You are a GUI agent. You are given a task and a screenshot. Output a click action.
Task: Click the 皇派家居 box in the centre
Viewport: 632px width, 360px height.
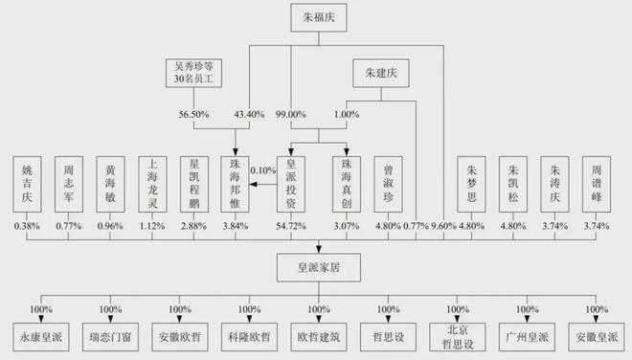[x=315, y=266]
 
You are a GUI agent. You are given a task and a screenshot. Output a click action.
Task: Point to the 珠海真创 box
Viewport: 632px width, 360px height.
[x=348, y=183]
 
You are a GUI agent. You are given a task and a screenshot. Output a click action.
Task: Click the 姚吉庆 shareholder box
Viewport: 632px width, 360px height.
[x=28, y=183]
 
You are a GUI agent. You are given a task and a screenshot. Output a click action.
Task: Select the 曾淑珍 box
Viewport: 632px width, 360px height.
[x=389, y=183]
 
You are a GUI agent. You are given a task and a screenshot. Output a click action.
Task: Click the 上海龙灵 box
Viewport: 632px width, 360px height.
[x=153, y=183]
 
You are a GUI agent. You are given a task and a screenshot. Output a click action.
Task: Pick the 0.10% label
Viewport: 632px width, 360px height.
[x=261, y=170]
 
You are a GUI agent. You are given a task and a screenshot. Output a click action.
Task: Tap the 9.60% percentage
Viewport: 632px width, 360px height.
[x=445, y=227]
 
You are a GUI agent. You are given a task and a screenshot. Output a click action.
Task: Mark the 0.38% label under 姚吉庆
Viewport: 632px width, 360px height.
[x=28, y=227]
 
